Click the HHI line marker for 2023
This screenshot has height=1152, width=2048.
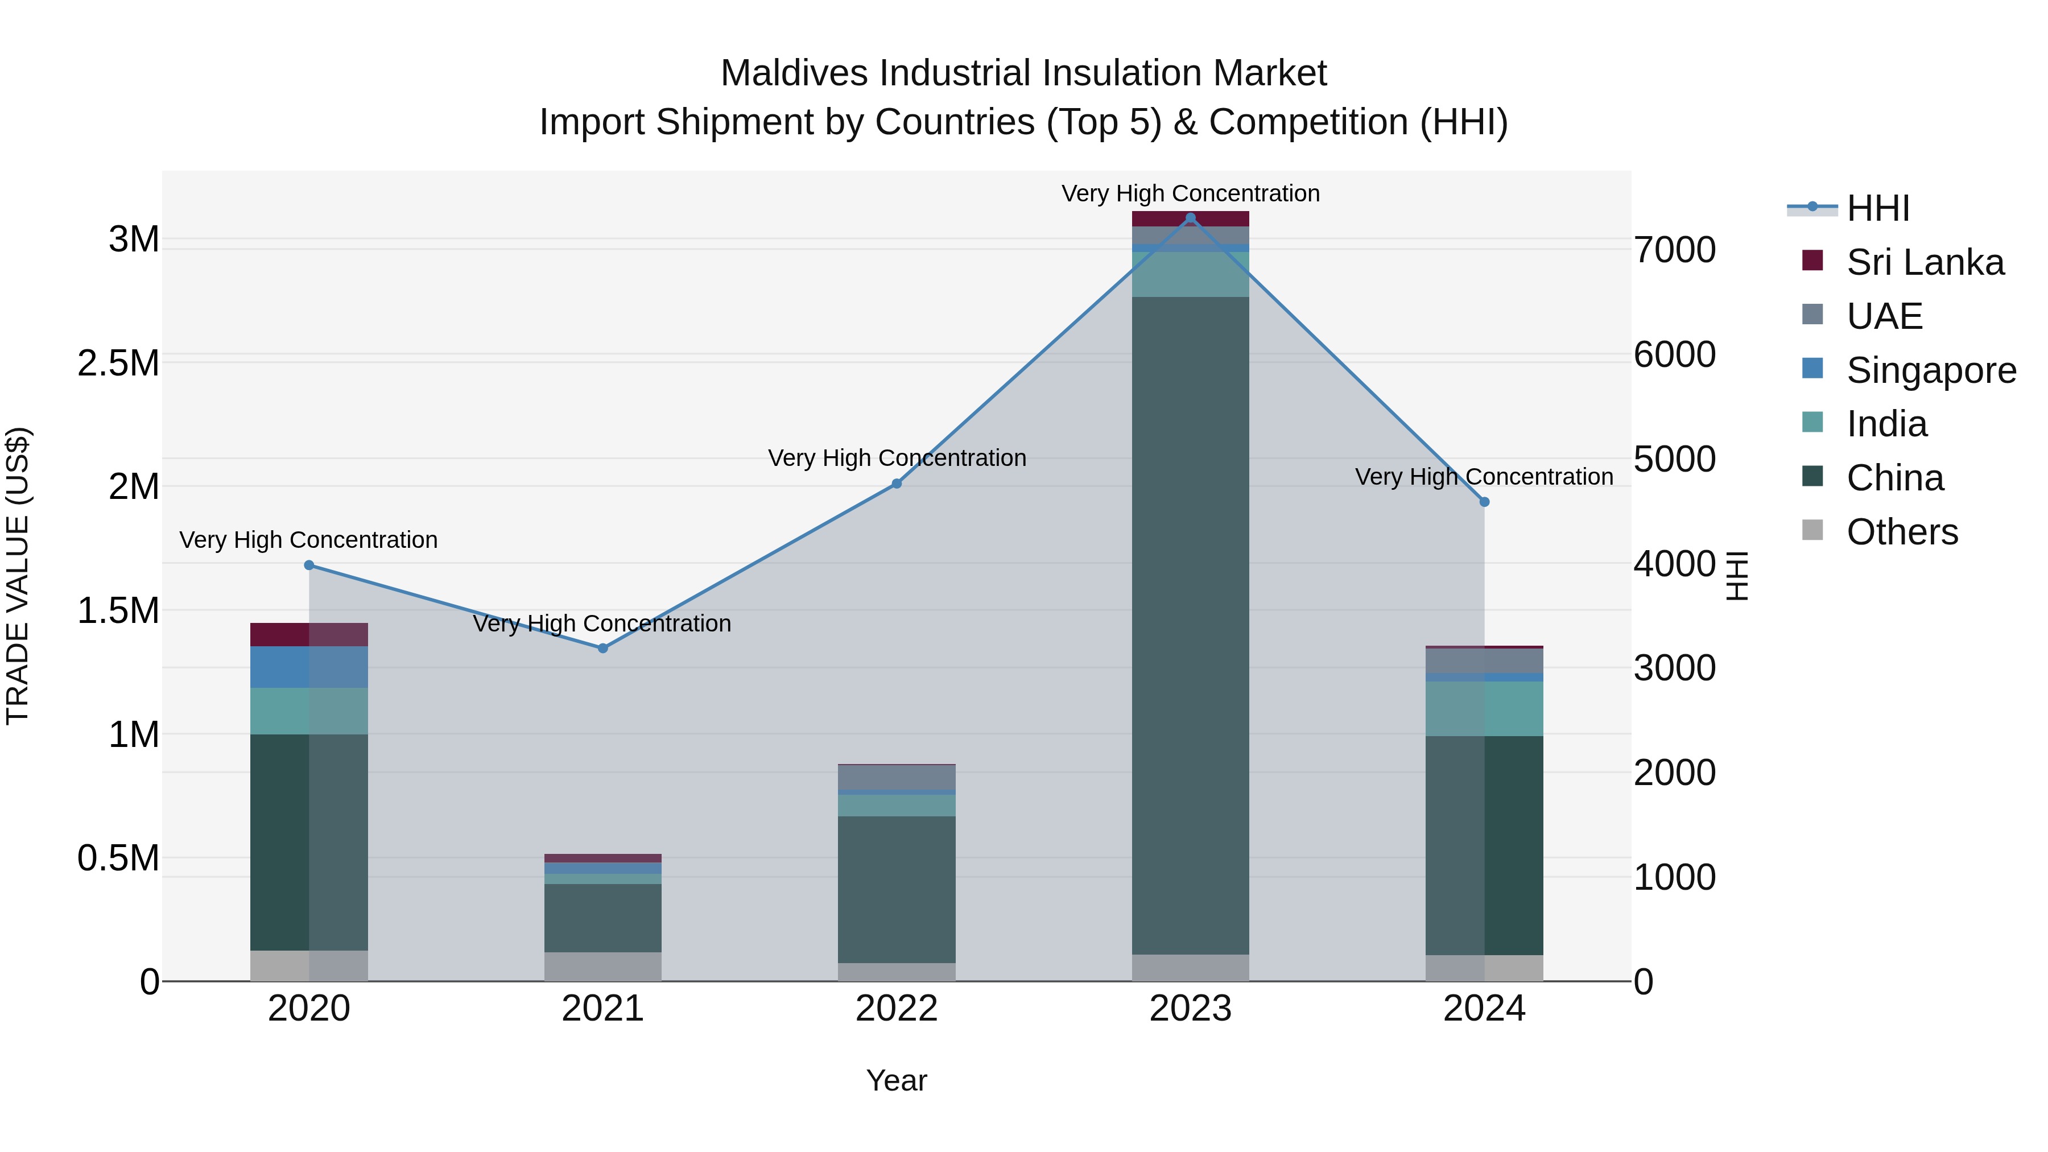(1190, 218)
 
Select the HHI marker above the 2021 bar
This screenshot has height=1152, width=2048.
(602, 648)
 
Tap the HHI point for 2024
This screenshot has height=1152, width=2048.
(1484, 502)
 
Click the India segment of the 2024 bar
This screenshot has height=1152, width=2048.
(1484, 708)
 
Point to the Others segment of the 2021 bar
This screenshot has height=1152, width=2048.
(602, 966)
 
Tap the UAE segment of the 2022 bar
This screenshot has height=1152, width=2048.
(896, 777)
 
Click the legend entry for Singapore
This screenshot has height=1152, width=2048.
(1930, 370)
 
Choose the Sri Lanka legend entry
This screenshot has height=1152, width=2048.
(1924, 262)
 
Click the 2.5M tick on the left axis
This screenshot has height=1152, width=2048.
(118, 364)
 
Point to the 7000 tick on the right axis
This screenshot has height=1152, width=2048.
(1674, 250)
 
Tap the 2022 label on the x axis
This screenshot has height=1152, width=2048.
(896, 1009)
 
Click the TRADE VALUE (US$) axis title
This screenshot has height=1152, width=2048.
(18, 576)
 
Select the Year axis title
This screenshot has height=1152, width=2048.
(896, 1080)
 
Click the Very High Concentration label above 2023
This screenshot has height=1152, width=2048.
(1190, 193)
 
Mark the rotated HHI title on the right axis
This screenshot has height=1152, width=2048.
(1738, 576)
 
